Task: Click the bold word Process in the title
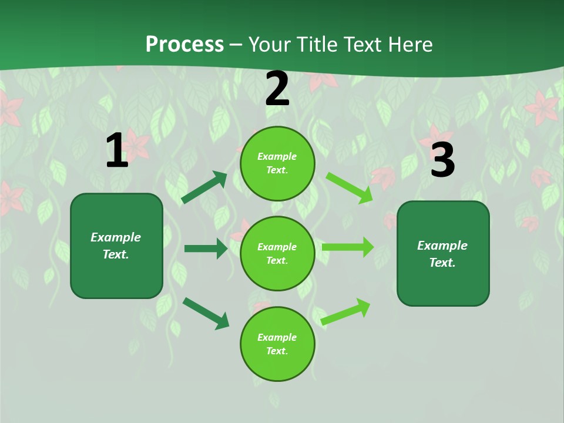(184, 45)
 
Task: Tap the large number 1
(117, 151)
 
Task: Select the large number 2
(277, 89)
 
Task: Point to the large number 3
(442, 160)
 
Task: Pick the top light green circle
(277, 163)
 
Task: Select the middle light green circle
(277, 254)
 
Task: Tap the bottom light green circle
(277, 344)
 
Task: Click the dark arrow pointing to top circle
(204, 187)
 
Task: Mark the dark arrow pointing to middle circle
(206, 249)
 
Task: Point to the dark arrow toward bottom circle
(206, 313)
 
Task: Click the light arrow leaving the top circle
(349, 188)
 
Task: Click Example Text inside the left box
(116, 246)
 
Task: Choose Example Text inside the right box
(442, 254)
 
